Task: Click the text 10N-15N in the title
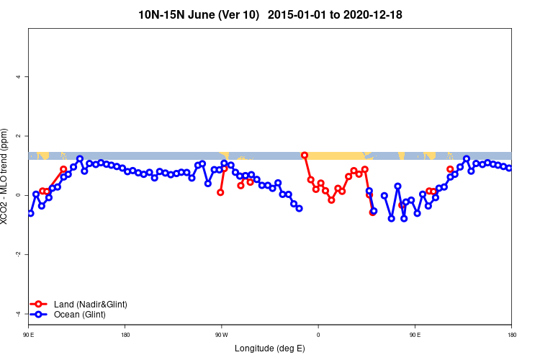point(161,14)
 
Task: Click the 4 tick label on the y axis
point(19,77)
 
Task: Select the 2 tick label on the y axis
point(19,136)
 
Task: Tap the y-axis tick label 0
point(19,195)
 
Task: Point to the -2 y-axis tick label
point(19,254)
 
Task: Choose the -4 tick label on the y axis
point(19,313)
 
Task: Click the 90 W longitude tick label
point(221,335)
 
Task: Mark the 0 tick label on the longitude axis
point(318,335)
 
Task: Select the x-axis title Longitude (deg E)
point(270,348)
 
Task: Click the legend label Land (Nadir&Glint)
point(90,305)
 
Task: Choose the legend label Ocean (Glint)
point(79,315)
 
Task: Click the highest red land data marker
point(305,156)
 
